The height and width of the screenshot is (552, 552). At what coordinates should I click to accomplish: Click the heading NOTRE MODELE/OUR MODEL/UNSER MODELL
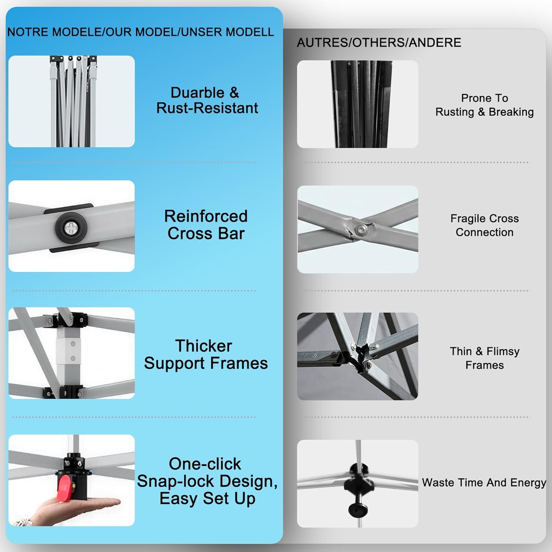coord(141,32)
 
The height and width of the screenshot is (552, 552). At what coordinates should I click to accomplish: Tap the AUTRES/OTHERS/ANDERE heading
coord(379,43)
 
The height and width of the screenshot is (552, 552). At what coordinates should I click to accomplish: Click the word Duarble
coord(197,92)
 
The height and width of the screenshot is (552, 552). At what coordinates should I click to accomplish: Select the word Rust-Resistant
coord(207,108)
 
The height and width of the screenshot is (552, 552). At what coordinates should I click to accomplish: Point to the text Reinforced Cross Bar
coord(206,224)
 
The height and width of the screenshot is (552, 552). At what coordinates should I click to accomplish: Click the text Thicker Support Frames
coord(206,354)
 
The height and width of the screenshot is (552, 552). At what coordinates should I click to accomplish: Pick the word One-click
coord(205,464)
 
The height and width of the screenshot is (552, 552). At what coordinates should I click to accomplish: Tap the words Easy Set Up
coord(207,499)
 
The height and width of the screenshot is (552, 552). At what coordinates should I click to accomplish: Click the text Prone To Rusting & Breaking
coord(485,105)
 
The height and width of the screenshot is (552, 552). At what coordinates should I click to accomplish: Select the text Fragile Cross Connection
coord(485,225)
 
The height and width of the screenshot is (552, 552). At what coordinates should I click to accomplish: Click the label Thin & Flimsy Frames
coord(485,358)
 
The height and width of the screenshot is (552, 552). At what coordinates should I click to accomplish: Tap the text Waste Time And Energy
coord(484,482)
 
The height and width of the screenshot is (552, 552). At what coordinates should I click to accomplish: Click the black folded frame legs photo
coord(358,104)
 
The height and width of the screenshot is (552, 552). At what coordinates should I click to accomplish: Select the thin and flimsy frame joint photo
coord(358,356)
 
